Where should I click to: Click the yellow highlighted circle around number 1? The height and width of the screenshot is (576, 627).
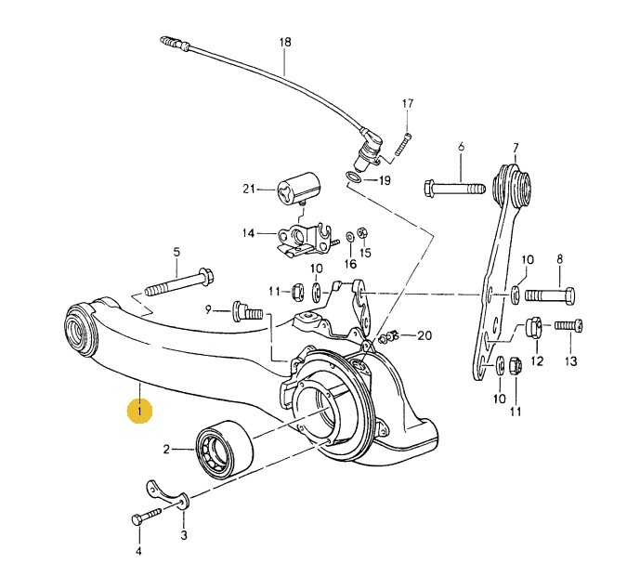pos(140,410)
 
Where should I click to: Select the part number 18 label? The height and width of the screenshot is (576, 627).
pos(284,42)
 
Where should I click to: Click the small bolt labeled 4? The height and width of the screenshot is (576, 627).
pos(139,517)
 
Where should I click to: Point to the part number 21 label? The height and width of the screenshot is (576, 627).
pos(248,190)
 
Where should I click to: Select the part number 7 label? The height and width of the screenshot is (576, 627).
pos(516,146)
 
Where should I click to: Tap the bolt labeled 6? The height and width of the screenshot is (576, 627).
pos(454,189)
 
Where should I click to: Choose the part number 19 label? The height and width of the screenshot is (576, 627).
pos(385,180)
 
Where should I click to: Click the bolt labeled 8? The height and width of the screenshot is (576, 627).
pos(550,296)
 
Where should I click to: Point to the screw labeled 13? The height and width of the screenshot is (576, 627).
pos(568,325)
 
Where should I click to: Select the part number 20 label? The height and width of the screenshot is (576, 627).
pos(425,335)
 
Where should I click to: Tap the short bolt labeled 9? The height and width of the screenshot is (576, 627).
pos(246,309)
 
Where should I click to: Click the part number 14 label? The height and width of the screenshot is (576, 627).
pos(248,232)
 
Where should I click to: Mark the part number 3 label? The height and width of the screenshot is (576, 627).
pos(183,535)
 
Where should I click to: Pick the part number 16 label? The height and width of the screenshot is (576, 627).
pos(350,264)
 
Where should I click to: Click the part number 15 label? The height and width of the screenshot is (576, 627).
pos(365,253)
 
